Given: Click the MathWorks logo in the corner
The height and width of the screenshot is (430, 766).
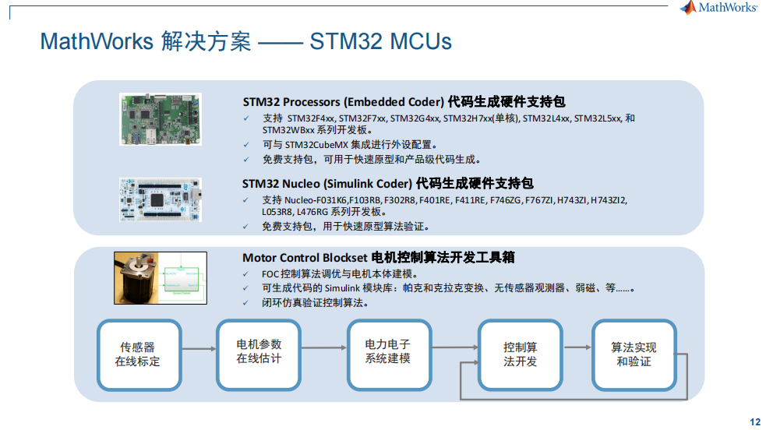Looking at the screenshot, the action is pos(718,7).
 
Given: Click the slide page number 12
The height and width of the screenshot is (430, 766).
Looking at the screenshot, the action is pos(755,422).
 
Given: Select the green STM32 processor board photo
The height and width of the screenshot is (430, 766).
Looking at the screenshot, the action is pos(161,119).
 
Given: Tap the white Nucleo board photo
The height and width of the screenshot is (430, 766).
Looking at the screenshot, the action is pos(161,199).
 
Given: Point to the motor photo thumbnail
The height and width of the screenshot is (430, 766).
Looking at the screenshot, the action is pos(161,278).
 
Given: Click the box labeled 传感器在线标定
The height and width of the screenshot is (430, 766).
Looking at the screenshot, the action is pos(139,355).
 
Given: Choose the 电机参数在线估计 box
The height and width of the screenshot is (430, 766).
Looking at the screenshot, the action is pos(259,355).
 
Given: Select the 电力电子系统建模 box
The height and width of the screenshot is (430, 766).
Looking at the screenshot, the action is pos(389,355).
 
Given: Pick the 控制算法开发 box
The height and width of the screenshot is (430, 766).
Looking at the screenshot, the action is pos(520,355).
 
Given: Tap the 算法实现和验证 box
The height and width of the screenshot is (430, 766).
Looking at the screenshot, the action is pos(634,355).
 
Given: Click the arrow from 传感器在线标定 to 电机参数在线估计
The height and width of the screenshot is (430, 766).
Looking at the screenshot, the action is pos(199,348).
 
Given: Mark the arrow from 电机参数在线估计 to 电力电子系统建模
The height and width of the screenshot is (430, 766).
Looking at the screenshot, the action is pos(324,347).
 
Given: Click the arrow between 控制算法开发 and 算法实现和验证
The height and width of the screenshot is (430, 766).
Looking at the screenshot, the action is pos(577,347).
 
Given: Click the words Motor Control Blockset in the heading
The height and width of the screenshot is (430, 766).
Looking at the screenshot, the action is pos(305,258).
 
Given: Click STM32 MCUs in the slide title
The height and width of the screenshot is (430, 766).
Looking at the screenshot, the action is pos(380,41).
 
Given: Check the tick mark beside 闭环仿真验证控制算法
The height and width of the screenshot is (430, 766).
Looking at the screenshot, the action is pos(245,303).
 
